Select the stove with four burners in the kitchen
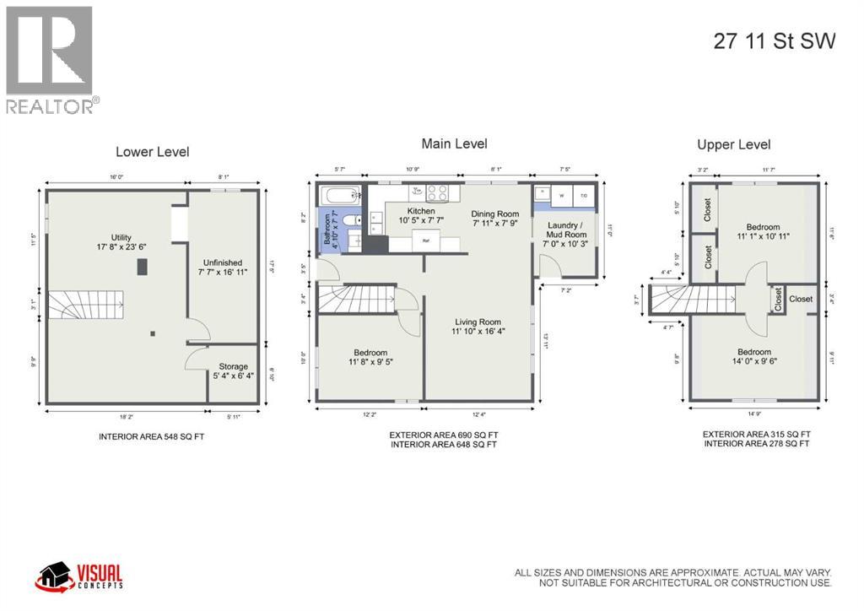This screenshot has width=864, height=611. click(x=436, y=192)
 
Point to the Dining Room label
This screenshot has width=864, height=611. click(x=494, y=214)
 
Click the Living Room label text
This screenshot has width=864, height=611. click(x=478, y=322)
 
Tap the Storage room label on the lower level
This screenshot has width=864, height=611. click(x=233, y=366)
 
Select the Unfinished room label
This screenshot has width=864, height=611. click(x=223, y=262)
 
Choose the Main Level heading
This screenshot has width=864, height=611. click(x=454, y=143)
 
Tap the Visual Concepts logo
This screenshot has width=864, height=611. click(x=79, y=577)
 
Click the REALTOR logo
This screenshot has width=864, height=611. click(x=51, y=60)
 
